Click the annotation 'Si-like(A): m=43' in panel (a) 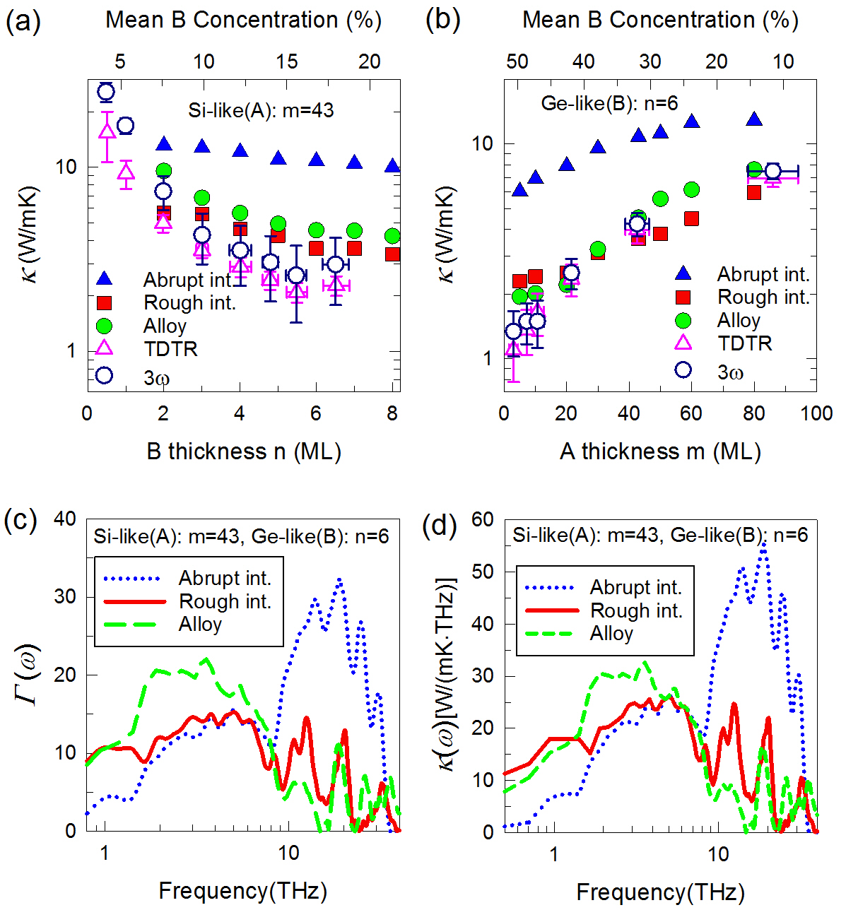click(x=261, y=110)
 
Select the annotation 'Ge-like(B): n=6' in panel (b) click(x=609, y=104)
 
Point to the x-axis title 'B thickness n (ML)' click(x=244, y=451)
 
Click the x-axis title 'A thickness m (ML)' click(x=660, y=451)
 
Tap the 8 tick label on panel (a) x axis click(x=393, y=413)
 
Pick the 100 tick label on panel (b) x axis click(x=816, y=413)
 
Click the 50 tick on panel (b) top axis click(x=517, y=61)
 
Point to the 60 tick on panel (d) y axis click(x=483, y=519)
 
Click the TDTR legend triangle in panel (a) click(x=104, y=348)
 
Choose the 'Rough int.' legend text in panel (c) click(x=225, y=601)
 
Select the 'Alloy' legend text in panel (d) click(x=611, y=634)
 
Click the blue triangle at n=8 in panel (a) click(x=392, y=167)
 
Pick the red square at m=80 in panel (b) click(x=754, y=192)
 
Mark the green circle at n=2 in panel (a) click(x=163, y=170)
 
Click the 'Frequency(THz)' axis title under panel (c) click(x=242, y=890)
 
